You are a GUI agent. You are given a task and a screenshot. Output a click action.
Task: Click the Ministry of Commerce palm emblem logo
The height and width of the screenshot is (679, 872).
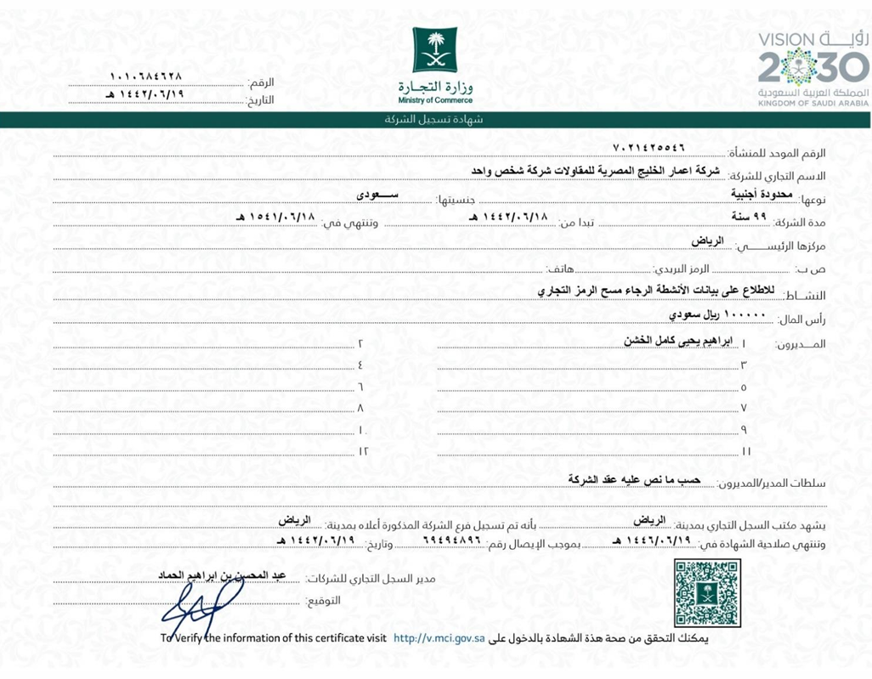(434, 50)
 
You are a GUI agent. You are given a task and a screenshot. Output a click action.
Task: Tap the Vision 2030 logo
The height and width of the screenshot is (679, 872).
(813, 64)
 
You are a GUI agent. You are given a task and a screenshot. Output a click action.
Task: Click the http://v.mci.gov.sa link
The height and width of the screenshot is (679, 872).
(439, 637)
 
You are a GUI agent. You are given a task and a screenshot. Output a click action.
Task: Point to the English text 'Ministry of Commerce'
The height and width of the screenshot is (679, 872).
(434, 100)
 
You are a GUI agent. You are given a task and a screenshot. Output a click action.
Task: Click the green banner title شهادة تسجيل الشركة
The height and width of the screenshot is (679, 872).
(434, 120)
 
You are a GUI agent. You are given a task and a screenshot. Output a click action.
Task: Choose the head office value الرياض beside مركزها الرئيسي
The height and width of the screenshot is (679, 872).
(707, 241)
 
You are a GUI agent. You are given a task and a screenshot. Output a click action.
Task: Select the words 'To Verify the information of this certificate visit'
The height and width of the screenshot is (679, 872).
(274, 637)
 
